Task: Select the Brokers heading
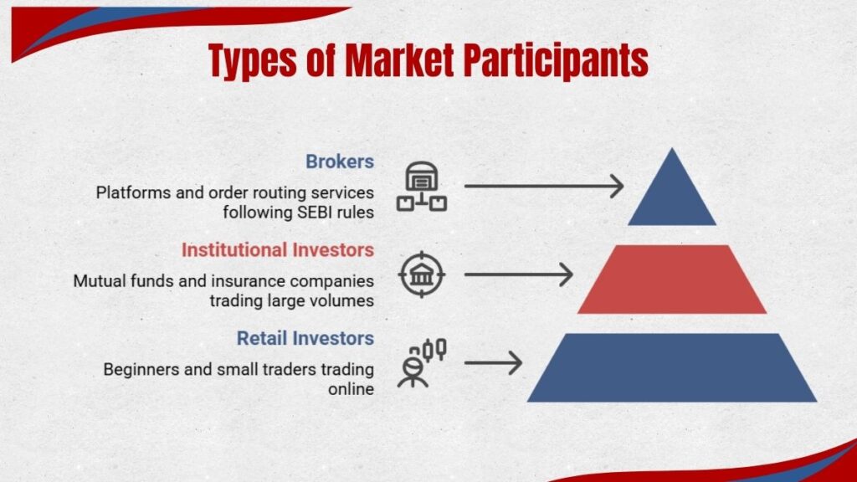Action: click(x=339, y=161)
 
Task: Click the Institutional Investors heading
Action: click(x=277, y=249)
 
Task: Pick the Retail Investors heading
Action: click(x=305, y=338)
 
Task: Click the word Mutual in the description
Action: click(x=98, y=280)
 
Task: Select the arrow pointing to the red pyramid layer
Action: click(x=518, y=274)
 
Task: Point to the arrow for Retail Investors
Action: click(x=493, y=362)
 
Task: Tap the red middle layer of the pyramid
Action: click(x=672, y=279)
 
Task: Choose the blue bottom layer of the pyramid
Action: click(x=672, y=368)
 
